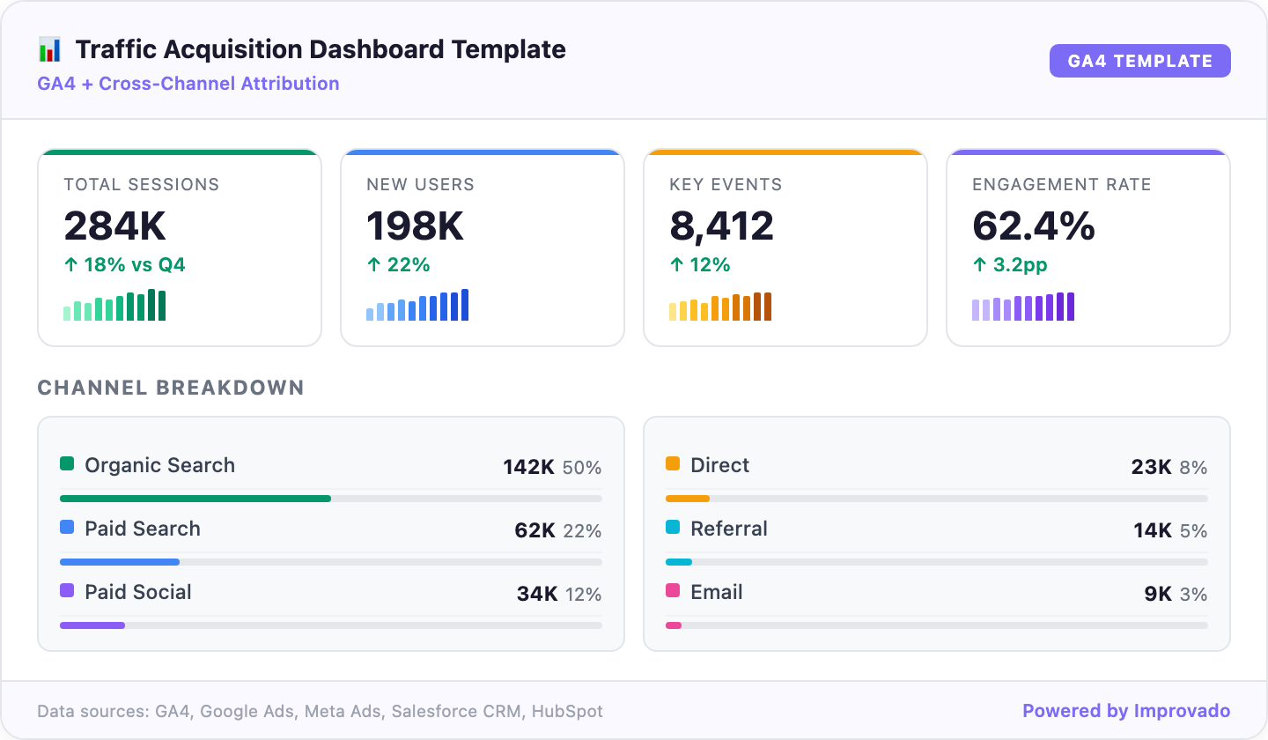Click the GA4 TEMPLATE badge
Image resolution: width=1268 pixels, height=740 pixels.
[1139, 61]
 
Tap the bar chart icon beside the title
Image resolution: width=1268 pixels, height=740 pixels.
[50, 49]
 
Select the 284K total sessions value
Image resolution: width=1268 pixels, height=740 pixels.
[114, 226]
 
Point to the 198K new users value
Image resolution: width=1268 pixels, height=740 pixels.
[416, 226]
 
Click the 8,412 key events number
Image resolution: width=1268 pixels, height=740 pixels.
[721, 226]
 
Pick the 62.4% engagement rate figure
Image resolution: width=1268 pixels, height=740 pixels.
[1033, 226]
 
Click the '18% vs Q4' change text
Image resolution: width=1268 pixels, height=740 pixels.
[134, 265]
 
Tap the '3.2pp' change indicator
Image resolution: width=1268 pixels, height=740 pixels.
[1020, 265]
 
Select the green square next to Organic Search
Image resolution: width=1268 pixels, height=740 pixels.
[67, 463]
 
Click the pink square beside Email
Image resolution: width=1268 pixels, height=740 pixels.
[673, 590]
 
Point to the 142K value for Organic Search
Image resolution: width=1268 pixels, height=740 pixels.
[528, 467]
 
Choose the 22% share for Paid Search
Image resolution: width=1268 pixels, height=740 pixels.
[582, 531]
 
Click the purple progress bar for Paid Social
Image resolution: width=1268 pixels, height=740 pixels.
[92, 625]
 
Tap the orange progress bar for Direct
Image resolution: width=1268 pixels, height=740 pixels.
[688, 499]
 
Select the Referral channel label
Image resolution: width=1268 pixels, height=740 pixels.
[729, 529]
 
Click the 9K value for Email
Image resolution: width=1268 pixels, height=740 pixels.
[1158, 595]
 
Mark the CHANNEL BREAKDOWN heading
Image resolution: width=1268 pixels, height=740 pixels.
[171, 388]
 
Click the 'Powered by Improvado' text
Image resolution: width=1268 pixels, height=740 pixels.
[1126, 711]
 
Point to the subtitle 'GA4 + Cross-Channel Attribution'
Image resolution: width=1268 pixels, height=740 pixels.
[188, 84]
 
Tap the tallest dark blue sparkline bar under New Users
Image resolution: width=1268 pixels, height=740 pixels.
[465, 305]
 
